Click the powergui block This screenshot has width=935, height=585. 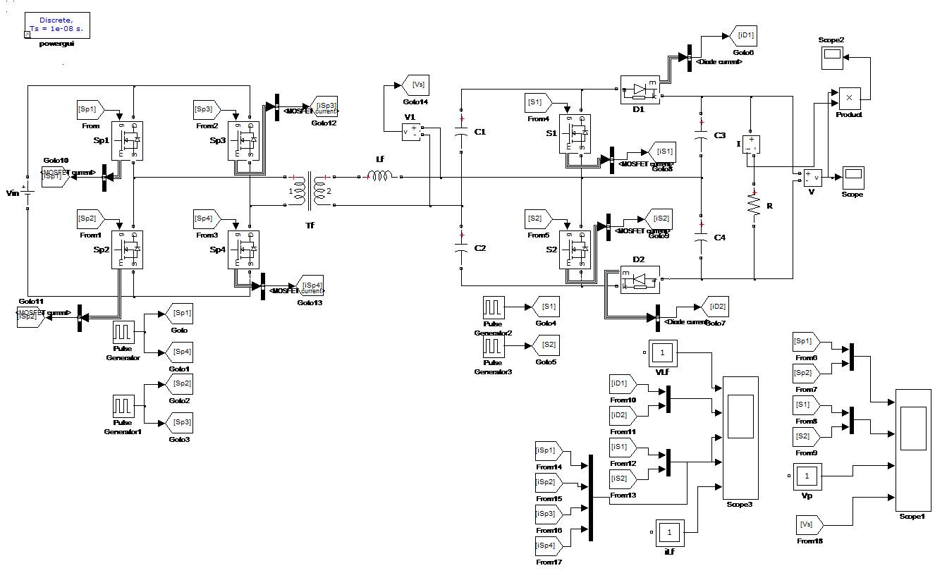click(56, 25)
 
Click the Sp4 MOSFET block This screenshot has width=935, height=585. click(244, 250)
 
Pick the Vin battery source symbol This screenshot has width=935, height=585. click(27, 191)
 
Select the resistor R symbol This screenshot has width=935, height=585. click(754, 205)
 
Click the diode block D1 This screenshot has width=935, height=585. click(640, 90)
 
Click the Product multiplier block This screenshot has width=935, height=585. click(849, 98)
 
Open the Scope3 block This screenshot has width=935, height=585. click(740, 437)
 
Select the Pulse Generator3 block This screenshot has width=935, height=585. click(493, 346)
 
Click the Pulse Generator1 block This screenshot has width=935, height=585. click(123, 406)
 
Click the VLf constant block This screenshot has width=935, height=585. click(662, 352)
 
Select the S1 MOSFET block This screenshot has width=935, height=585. click(574, 133)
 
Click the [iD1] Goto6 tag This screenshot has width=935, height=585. click(744, 35)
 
